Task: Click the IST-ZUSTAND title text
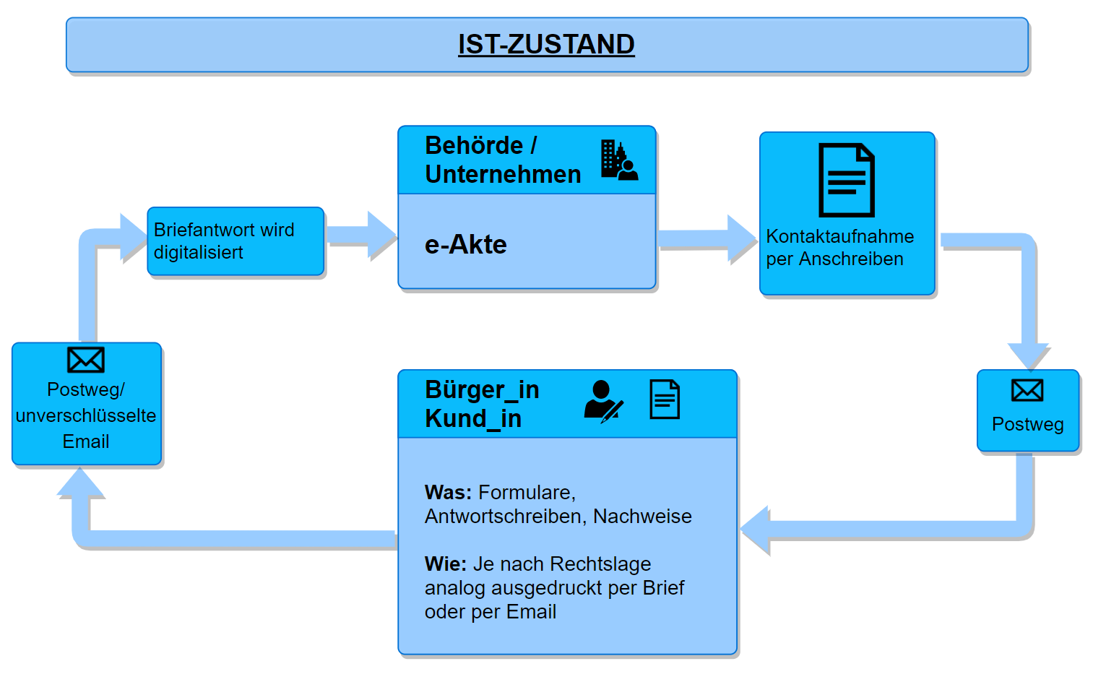point(546,44)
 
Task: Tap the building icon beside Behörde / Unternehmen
point(618,160)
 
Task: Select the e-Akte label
point(465,245)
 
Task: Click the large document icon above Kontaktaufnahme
point(846,180)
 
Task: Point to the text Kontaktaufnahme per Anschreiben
point(839,248)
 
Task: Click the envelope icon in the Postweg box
point(1027,391)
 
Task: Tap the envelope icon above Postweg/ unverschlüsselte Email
point(86,360)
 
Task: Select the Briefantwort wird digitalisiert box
point(236,241)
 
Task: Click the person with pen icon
point(602,401)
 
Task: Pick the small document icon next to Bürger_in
point(665,400)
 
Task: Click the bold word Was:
point(448,493)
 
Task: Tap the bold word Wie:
point(446,564)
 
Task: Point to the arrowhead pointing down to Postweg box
point(1029,356)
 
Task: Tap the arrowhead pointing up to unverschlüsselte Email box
point(80,483)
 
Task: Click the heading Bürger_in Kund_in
point(482,404)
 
